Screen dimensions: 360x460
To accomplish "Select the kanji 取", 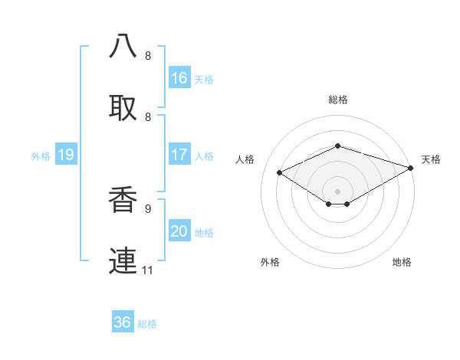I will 123,106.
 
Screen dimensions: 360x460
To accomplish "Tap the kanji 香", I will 123,199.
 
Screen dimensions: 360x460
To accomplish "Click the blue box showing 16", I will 179,78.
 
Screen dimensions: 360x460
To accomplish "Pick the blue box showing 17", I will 179,155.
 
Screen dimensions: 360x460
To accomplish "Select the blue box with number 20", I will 179,231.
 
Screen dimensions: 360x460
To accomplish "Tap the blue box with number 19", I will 66,155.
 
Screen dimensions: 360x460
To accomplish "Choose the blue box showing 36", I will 123,322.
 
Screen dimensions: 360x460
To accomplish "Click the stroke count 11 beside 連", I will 148,270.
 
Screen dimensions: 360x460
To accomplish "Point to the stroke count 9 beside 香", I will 148,208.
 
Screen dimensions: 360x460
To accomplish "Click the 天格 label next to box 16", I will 204,79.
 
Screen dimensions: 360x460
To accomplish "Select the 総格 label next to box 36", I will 147,324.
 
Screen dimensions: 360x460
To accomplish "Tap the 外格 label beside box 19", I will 41,155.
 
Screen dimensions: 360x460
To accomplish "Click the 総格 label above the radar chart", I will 337,100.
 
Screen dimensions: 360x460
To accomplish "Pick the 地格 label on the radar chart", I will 402,263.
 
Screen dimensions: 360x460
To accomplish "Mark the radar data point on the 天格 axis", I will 412,168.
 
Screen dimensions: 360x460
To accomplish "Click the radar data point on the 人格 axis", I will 280,173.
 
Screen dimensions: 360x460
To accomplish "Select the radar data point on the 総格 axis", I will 337,146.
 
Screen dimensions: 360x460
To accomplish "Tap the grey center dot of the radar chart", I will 337,191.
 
